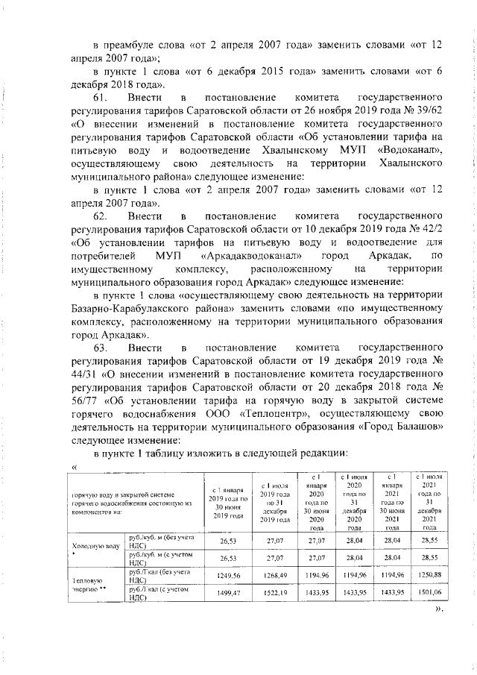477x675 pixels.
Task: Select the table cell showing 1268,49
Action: (273, 575)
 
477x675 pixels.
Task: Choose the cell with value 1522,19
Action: (273, 592)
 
